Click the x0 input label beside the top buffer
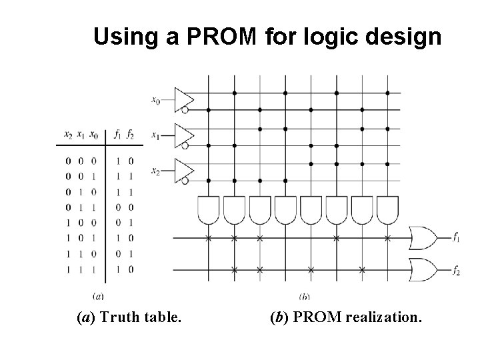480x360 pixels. coord(155,101)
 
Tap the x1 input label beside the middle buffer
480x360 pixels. coord(155,136)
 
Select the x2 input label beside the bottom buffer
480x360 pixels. coord(155,171)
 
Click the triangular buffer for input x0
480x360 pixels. coord(182,97)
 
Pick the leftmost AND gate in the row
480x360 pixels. coord(209,209)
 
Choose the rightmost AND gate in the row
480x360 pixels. coord(387,209)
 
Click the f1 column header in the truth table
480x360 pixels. coord(117,135)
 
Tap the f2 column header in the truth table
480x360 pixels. coord(130,135)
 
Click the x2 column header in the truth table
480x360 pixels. coord(68,135)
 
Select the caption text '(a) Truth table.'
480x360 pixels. coord(128,319)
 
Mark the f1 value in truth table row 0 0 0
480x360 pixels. coord(117,161)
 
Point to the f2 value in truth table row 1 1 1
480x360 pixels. coord(131,269)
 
